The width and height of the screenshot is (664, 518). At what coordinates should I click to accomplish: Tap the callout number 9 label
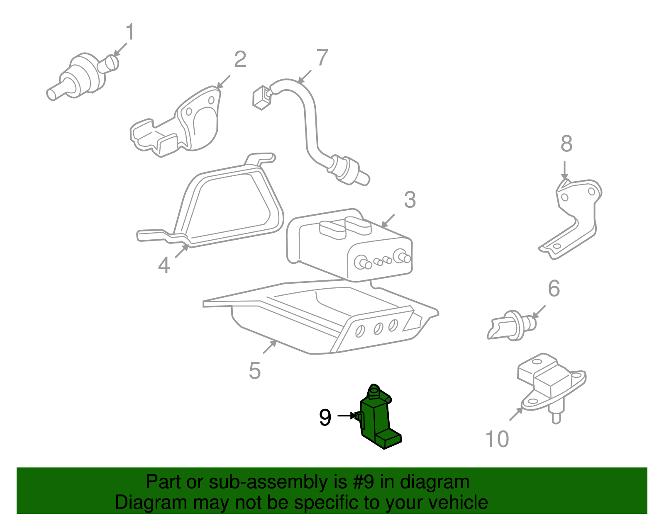tap(325, 417)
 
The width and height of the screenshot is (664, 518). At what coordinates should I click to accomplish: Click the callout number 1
tap(130, 32)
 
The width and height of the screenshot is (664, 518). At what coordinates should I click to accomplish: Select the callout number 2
tap(240, 59)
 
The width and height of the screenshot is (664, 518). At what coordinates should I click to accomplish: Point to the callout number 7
tap(322, 57)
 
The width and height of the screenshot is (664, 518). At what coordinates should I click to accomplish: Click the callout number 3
tap(410, 200)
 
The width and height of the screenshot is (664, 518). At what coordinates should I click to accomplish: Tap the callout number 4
tap(164, 265)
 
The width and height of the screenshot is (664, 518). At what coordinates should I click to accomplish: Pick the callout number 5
tap(254, 370)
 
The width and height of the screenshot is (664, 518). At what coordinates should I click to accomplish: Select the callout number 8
tap(566, 144)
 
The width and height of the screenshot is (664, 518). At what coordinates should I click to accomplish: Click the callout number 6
tap(554, 288)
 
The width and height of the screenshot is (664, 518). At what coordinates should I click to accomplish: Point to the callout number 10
tap(497, 439)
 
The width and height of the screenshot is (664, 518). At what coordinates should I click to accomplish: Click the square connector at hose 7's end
tap(261, 97)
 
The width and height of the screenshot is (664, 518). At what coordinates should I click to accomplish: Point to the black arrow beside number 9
tap(346, 415)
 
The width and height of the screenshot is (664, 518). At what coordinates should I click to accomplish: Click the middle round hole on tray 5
tap(378, 328)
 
